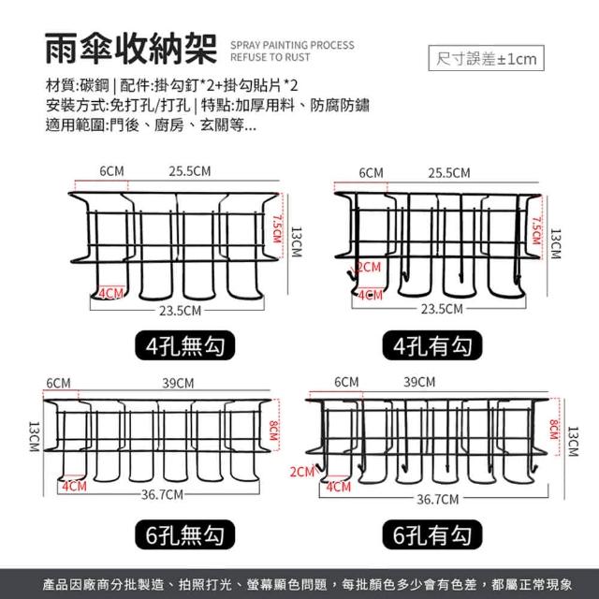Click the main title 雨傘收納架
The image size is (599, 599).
[131, 49]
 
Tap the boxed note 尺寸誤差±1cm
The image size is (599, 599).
[486, 58]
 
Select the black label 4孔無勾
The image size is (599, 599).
[185, 345]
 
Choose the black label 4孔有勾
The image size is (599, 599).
[432, 345]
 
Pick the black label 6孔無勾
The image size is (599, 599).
[185, 534]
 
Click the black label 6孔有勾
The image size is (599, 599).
[432, 534]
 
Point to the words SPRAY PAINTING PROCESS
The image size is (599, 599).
[292, 45]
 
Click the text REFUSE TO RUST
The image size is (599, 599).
[270, 57]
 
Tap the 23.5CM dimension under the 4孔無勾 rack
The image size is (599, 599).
[180, 311]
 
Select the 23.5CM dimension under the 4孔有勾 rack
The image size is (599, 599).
[442, 309]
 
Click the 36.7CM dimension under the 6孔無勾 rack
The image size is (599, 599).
[162, 495]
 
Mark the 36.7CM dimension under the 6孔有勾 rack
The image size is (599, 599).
[437, 499]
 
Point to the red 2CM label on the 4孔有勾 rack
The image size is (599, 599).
[369, 267]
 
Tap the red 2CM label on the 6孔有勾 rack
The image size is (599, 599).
[301, 472]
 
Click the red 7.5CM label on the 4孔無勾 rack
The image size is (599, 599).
[277, 228]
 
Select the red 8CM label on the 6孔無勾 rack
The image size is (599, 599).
[273, 431]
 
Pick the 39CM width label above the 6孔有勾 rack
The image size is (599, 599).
[419, 382]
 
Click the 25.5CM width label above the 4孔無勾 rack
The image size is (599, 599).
[190, 171]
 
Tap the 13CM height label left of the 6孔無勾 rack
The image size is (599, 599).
[34, 437]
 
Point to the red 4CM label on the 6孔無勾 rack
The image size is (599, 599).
[75, 487]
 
